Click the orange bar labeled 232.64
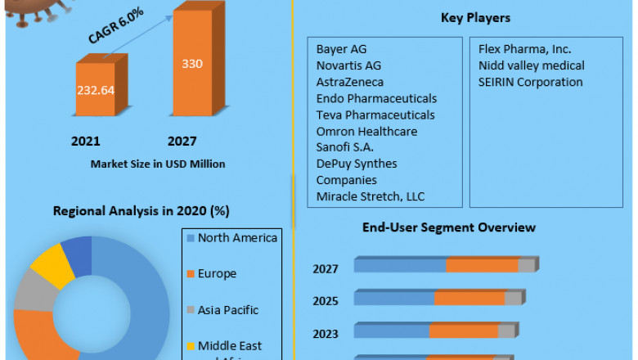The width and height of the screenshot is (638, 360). click(x=96, y=91)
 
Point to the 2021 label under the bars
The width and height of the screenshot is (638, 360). click(x=86, y=142)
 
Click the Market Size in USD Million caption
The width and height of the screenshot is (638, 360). click(x=159, y=164)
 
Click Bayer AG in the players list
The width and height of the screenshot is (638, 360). click(x=342, y=49)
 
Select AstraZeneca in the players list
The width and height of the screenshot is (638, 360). click(x=350, y=82)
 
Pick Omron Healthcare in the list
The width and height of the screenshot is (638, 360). click(x=366, y=131)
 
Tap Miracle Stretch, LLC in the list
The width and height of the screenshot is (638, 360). click(x=371, y=196)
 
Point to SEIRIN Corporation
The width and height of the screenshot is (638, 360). click(x=531, y=82)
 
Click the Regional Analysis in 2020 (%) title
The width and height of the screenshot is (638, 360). click(x=141, y=210)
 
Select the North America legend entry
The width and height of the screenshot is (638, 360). click(x=237, y=238)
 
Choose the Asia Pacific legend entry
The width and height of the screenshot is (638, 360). click(x=228, y=310)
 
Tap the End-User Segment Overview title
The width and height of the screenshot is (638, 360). click(x=449, y=227)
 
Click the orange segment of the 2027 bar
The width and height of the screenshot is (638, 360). click(x=482, y=265)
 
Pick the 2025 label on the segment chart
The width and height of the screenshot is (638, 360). click(x=326, y=300)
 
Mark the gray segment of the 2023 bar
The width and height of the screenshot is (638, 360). click(x=506, y=331)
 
